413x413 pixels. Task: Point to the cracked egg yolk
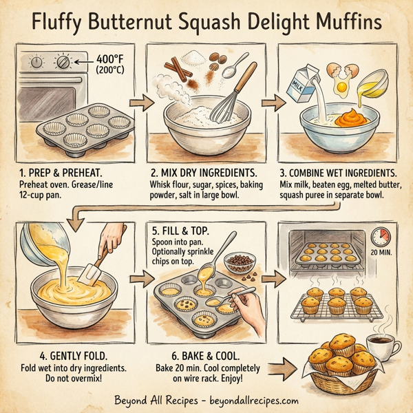click(x=341, y=87)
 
